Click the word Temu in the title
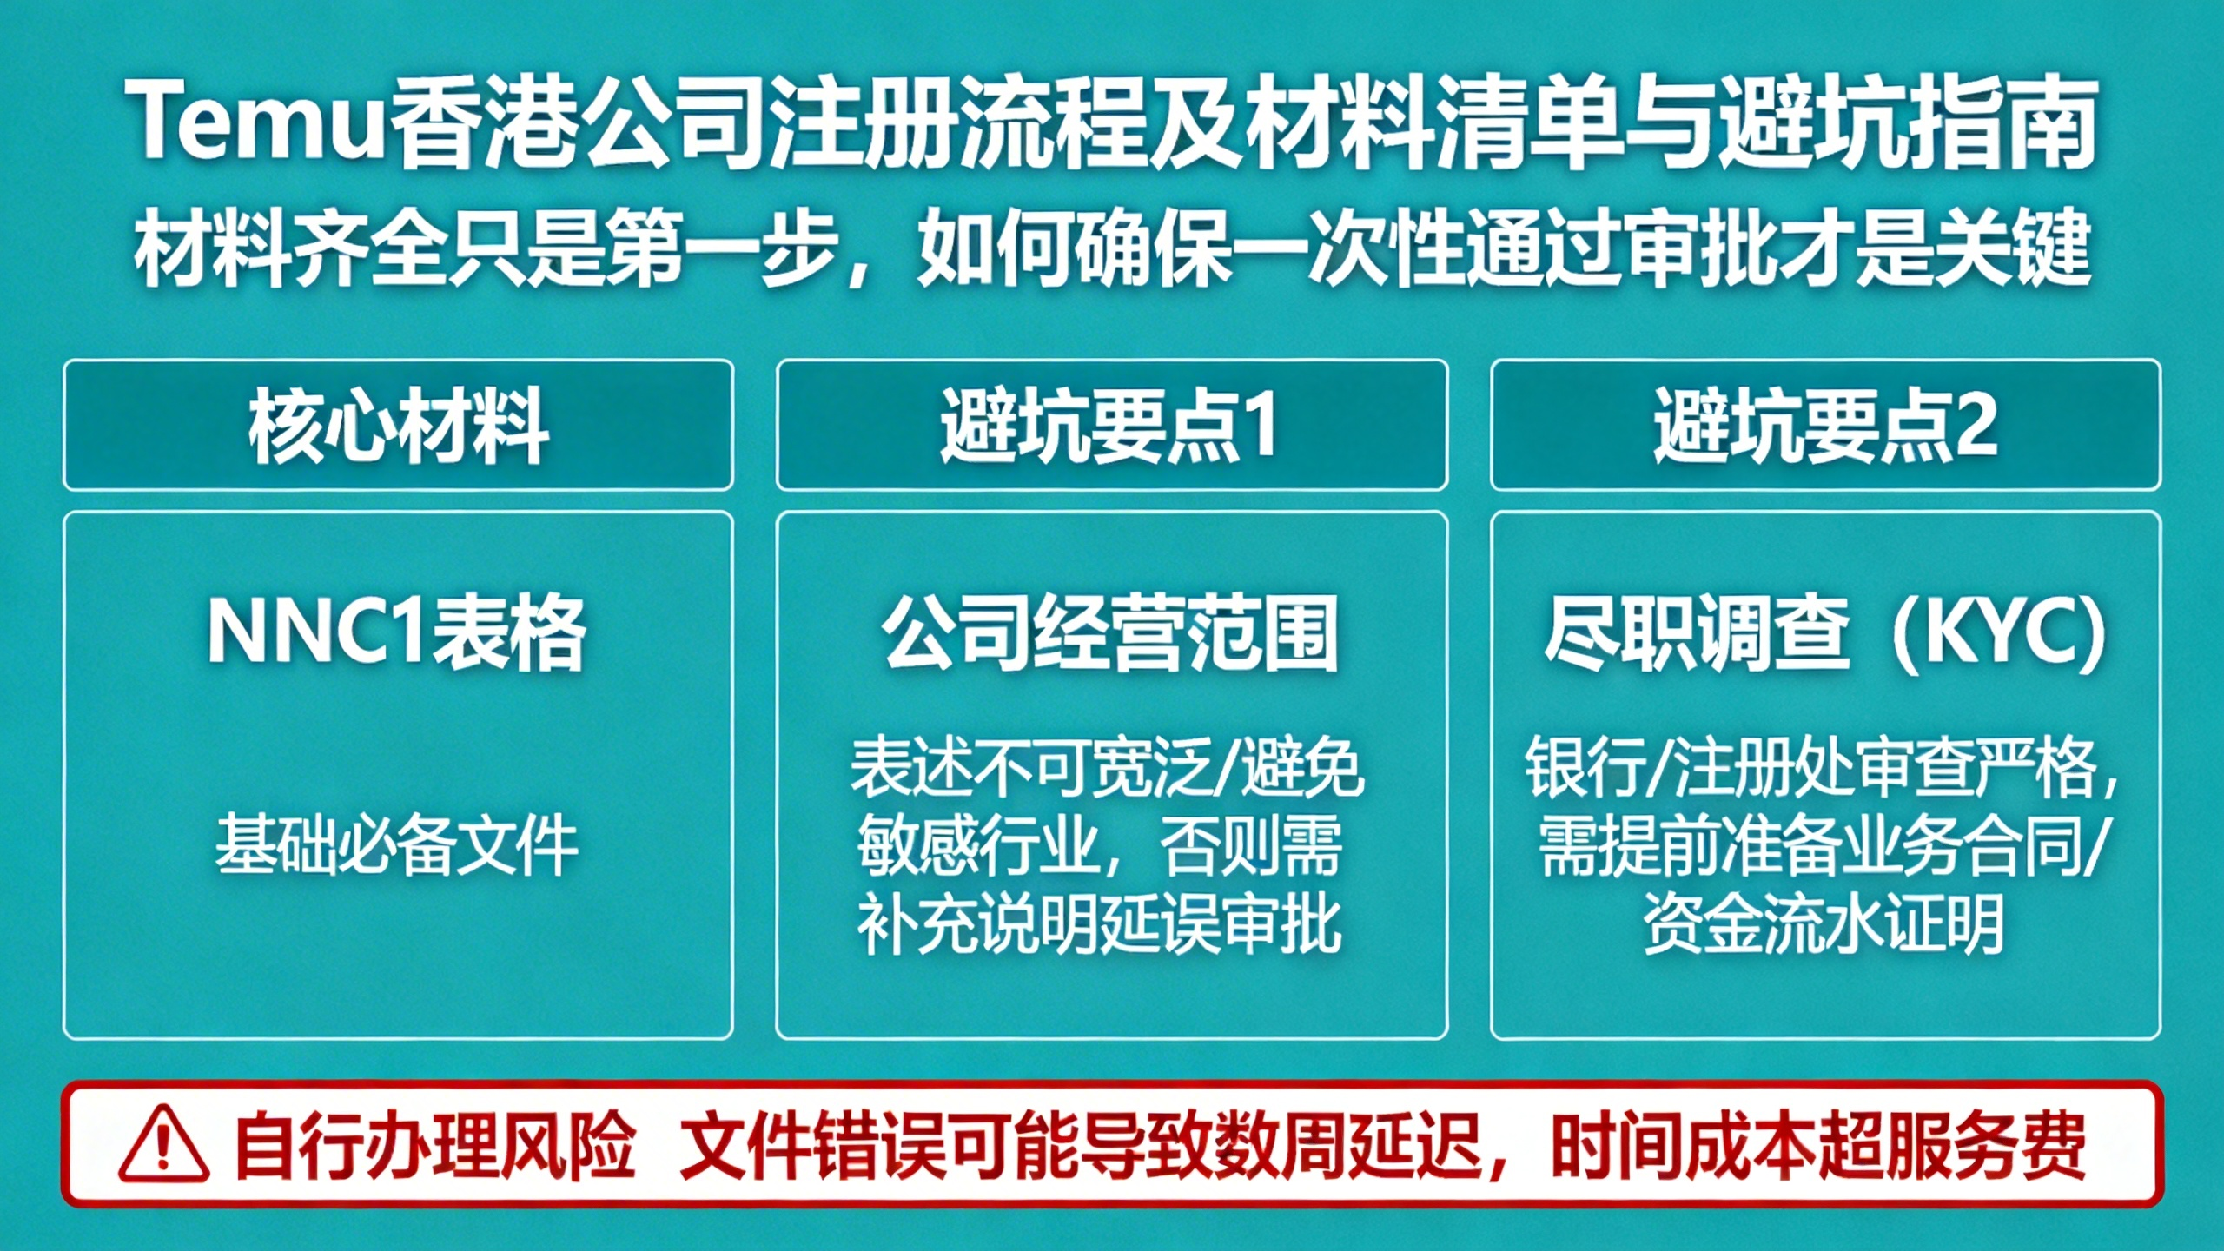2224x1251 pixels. pos(257,121)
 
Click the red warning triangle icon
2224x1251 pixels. pos(163,1144)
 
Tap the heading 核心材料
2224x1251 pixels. pos(398,427)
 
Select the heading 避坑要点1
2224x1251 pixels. pos(1109,425)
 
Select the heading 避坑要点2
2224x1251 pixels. pos(1825,425)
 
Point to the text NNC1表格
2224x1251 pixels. pos(396,632)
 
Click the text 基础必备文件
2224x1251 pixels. pos(397,844)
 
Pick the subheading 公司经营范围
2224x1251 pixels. pos(1110,633)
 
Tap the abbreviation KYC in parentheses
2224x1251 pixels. pos(1999,633)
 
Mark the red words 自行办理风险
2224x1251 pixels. pos(434,1145)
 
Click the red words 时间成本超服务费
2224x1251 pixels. pos(1819,1145)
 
